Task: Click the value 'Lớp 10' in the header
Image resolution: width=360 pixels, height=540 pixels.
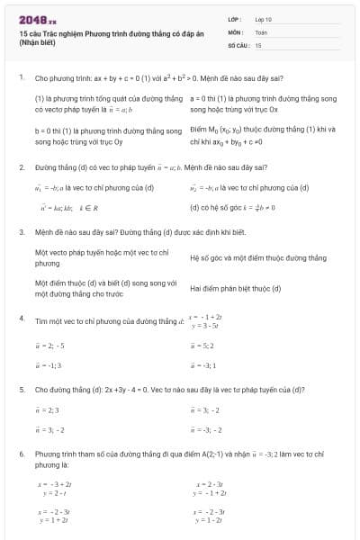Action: pos(264,18)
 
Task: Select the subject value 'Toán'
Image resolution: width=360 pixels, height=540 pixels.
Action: pos(261,31)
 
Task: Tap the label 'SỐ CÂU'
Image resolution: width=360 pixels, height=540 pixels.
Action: pos(238,43)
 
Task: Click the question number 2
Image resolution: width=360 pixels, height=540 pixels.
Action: pos(21,167)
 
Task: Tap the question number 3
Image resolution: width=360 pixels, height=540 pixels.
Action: pos(21,231)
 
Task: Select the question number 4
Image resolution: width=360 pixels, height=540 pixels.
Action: pos(21,319)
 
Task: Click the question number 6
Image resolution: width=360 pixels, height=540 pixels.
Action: pos(21,454)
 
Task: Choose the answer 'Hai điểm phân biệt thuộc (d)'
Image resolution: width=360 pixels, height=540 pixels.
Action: pos(236,288)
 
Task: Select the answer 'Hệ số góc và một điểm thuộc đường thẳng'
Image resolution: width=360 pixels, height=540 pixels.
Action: pos(257,257)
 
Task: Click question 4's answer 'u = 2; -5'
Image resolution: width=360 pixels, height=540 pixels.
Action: pos(49,345)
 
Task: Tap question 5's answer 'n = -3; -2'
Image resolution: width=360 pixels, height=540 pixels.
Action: pos(202,429)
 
